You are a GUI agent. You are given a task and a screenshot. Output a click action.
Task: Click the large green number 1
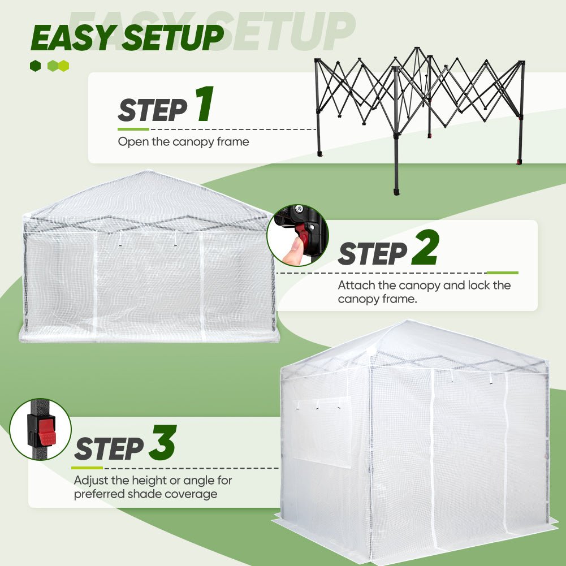(x=203, y=105)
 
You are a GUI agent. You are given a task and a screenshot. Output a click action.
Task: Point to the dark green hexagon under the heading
(x=36, y=66)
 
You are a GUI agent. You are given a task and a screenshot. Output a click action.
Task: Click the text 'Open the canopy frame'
(x=183, y=141)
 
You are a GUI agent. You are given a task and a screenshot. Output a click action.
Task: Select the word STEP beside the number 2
(x=372, y=254)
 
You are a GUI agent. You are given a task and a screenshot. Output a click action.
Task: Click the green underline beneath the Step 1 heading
(x=133, y=129)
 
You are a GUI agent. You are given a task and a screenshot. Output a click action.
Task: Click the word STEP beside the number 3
(x=109, y=449)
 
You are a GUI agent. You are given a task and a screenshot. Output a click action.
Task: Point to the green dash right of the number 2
(x=502, y=273)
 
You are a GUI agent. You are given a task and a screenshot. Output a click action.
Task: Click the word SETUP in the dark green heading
(x=173, y=38)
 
